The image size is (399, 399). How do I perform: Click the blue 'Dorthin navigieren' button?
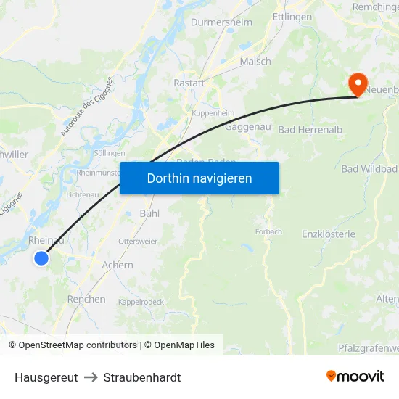coord(199,178)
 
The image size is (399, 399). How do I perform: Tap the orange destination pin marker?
coord(358,84)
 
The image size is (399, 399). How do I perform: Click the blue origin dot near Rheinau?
coord(41,258)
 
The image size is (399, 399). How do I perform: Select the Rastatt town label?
coord(189,83)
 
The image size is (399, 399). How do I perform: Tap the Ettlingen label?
coord(292,17)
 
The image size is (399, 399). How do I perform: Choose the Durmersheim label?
coord(221,22)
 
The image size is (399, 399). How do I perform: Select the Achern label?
coord(118,266)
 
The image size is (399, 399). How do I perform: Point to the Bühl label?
coord(149,214)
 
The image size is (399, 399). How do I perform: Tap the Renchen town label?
coord(86,299)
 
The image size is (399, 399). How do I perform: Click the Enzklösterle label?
coord(329,234)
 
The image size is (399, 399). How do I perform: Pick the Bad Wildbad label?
coord(369,169)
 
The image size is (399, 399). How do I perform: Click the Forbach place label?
coord(268,233)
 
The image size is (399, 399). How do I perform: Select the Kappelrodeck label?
coord(142,302)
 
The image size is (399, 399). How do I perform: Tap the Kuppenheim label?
coord(213,114)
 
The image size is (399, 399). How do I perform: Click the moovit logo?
coord(355,376)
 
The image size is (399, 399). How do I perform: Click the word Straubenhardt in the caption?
coord(142,377)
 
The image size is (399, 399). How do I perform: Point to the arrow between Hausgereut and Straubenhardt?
coord(91,377)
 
